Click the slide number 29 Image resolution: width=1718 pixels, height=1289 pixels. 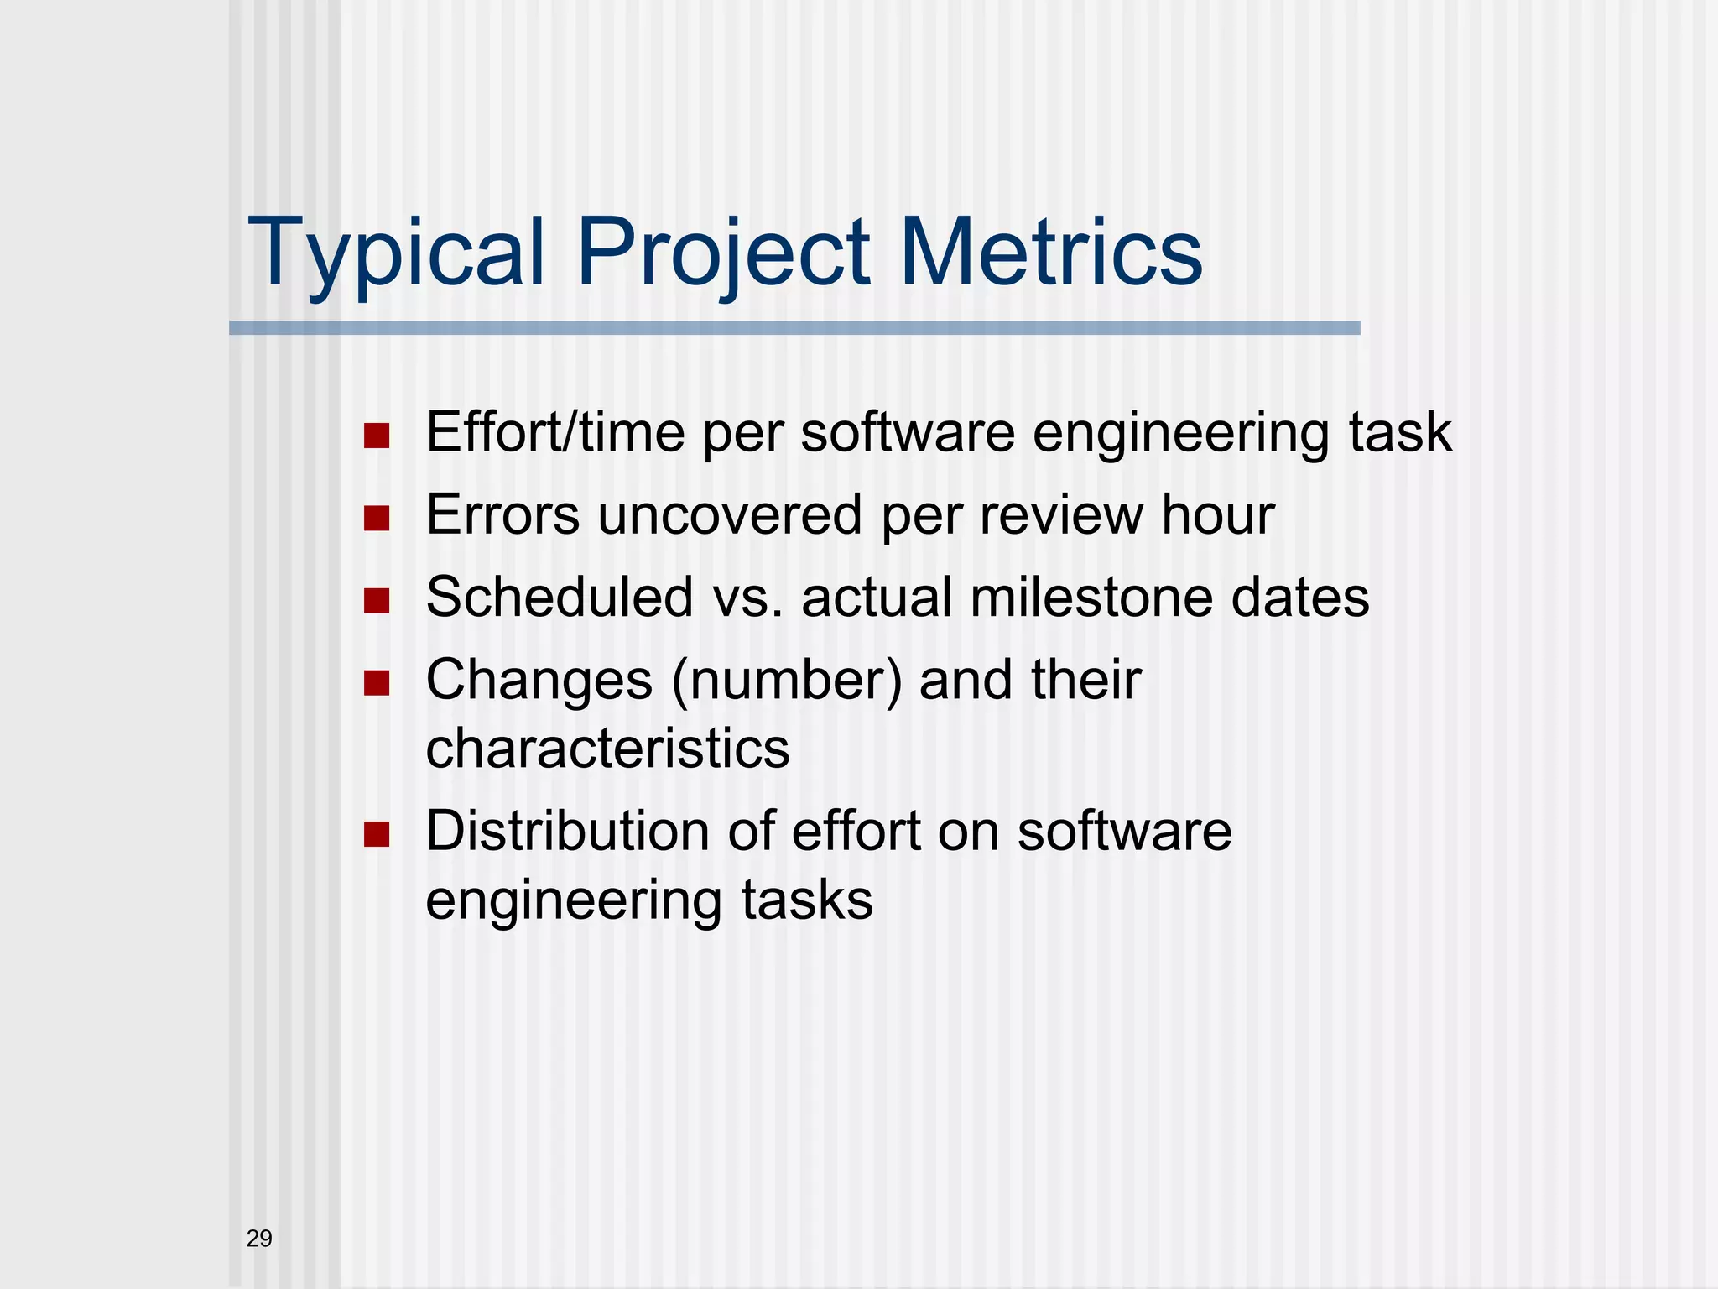[259, 1239]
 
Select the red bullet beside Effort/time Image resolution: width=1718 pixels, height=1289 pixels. [377, 436]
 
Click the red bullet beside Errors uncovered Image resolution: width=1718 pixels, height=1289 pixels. [377, 519]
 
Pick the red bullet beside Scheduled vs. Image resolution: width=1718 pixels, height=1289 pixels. [377, 601]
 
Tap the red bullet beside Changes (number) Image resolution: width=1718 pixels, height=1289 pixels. [377, 683]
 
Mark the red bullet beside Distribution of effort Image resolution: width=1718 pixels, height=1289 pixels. [377, 834]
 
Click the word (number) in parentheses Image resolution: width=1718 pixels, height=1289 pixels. [787, 680]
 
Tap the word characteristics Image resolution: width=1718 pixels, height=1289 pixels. [607, 748]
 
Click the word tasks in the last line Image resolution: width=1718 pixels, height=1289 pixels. [806, 900]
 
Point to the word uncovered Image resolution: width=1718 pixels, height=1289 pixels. [729, 514]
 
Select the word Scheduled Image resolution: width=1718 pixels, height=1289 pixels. [560, 597]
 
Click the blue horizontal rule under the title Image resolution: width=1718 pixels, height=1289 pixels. [794, 328]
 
